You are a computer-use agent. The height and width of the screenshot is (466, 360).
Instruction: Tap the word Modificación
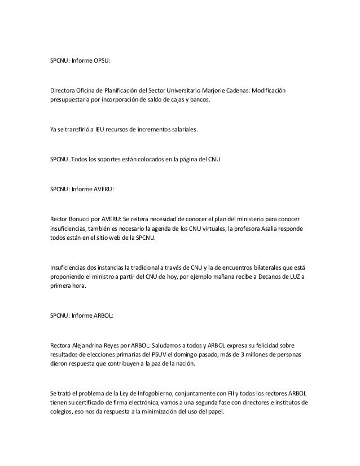click(x=266, y=91)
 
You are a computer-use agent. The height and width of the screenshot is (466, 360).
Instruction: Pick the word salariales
click(x=182, y=130)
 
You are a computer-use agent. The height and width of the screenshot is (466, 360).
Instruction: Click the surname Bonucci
click(x=84, y=218)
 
